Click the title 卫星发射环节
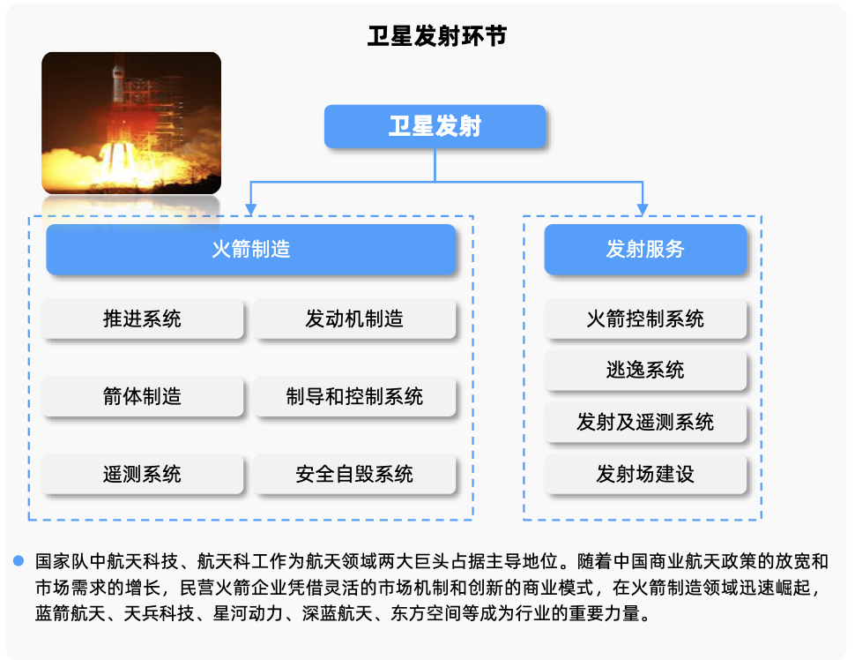point(437,36)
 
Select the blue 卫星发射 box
point(435,126)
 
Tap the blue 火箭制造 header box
point(251,249)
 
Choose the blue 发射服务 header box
point(645,249)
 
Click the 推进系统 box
point(142,319)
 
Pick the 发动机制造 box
point(354,319)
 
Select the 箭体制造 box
point(142,396)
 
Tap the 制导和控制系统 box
point(354,396)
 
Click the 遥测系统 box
point(142,474)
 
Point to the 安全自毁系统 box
point(354,474)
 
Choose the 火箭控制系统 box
point(645,319)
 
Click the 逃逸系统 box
point(645,370)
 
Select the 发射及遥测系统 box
point(645,422)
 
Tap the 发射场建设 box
point(645,474)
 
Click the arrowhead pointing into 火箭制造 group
point(251,210)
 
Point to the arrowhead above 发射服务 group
point(643,210)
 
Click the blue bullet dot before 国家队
point(19,560)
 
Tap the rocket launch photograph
point(131,123)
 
